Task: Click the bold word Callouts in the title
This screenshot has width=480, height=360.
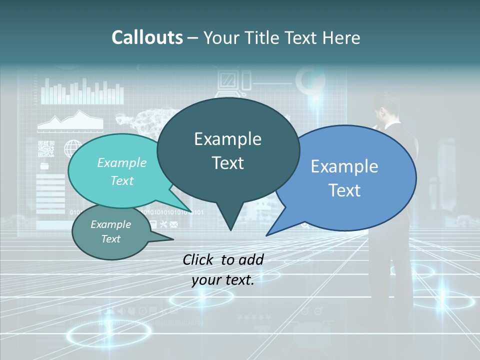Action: [x=147, y=37]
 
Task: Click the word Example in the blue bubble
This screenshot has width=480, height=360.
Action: [x=344, y=166]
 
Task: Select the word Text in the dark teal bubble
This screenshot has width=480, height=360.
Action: [x=227, y=163]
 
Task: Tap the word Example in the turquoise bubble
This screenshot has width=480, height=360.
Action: [x=121, y=162]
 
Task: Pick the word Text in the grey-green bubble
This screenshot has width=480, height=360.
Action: [x=110, y=239]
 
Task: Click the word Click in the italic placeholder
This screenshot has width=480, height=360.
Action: [x=198, y=259]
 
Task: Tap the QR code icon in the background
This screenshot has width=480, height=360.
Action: [x=45, y=148]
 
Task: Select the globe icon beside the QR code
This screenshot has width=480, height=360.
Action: [x=73, y=148]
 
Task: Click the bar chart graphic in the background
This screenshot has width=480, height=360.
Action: [x=82, y=91]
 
